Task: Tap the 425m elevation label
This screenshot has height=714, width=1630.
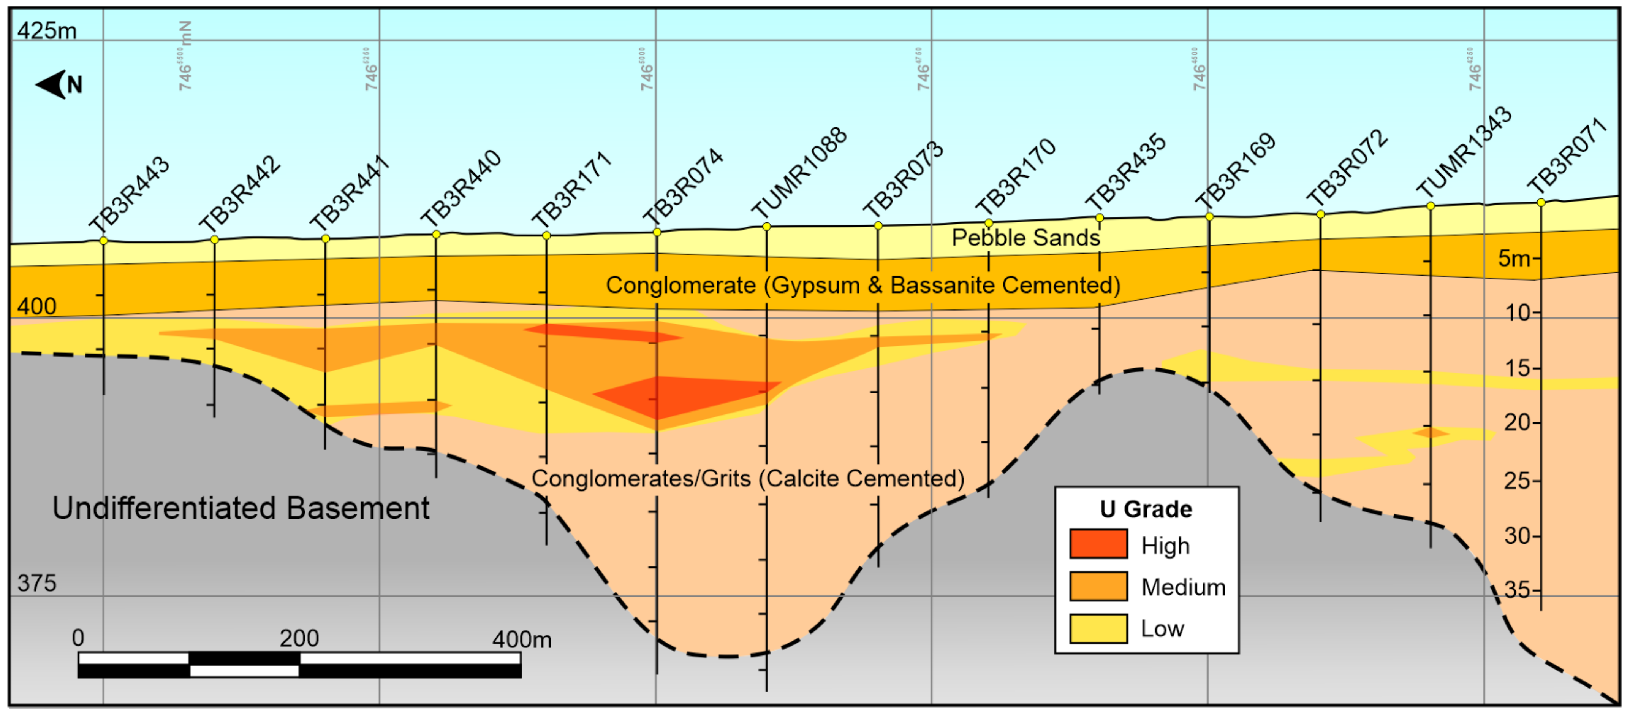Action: (x=47, y=30)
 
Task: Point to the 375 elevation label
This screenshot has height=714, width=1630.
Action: (x=37, y=583)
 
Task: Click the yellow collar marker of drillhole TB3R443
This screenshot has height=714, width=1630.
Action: (x=104, y=241)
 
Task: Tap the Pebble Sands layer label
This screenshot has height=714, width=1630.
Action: (x=1026, y=238)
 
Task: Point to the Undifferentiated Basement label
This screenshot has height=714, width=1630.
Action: (x=241, y=508)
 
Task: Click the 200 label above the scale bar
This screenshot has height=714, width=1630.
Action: (x=299, y=638)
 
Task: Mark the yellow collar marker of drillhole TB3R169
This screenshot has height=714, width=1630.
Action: (x=1209, y=216)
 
